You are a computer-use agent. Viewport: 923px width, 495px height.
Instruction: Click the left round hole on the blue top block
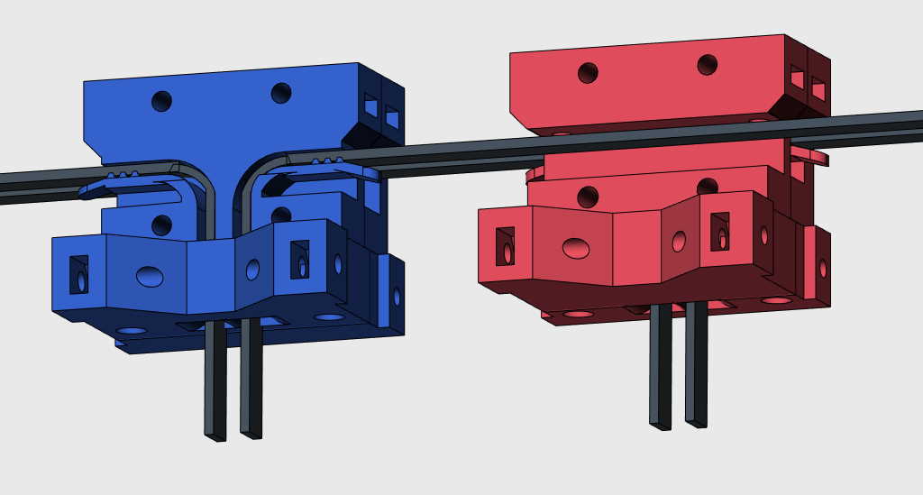tap(161, 101)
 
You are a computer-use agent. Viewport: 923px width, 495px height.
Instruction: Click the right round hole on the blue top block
tap(281, 93)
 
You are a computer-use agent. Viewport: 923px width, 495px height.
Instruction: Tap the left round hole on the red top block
tap(588, 73)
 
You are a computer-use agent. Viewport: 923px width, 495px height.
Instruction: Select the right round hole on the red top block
tap(708, 65)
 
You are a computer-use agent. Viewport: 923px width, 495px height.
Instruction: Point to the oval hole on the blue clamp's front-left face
tap(150, 276)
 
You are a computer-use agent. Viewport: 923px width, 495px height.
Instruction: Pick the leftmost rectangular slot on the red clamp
tap(506, 245)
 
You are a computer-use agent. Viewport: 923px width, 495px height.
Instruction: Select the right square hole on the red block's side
tap(818, 88)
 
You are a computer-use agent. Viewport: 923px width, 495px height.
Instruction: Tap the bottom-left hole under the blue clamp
tap(132, 331)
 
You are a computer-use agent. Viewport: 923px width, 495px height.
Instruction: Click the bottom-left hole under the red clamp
tap(578, 314)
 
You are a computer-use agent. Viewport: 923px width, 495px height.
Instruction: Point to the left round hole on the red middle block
tap(588, 197)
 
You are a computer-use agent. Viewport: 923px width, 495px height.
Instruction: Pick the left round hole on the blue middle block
tap(161, 225)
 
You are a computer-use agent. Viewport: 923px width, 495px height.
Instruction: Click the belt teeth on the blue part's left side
tap(122, 172)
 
